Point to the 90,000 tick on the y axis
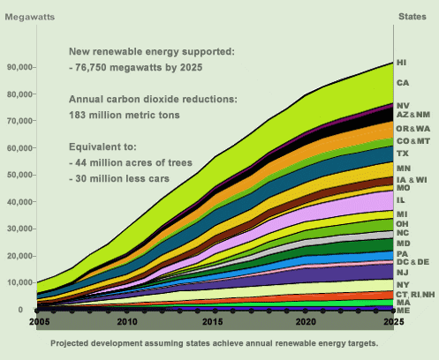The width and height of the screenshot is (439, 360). (x=19, y=67)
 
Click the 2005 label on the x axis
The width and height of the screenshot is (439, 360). (x=37, y=324)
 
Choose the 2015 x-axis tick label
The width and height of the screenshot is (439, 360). (x=216, y=324)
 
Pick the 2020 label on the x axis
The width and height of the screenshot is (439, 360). (x=305, y=324)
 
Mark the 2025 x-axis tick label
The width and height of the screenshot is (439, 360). (x=393, y=324)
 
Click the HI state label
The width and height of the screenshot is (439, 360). (x=402, y=64)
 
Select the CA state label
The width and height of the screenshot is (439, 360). (x=402, y=83)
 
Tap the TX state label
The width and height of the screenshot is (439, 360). (x=402, y=154)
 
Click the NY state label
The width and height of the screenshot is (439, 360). (x=402, y=285)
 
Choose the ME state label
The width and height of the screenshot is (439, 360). (x=402, y=311)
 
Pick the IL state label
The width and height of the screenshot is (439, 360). (x=401, y=201)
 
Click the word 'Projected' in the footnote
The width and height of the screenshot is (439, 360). (x=73, y=342)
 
